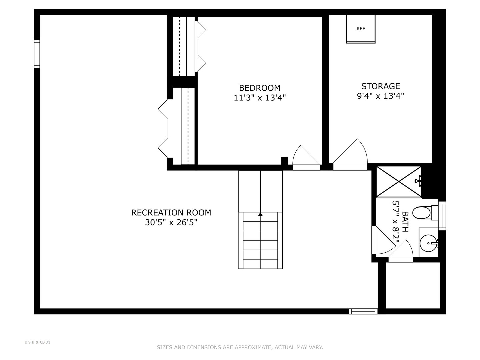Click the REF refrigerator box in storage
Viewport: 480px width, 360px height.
[x=361, y=29]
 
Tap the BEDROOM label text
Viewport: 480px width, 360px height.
[x=260, y=88]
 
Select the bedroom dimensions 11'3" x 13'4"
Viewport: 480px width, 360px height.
[x=260, y=98]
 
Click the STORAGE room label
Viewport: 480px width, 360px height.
[x=380, y=86]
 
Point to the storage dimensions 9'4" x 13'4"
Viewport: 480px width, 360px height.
[x=380, y=96]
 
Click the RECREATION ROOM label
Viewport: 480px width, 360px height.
[x=171, y=213]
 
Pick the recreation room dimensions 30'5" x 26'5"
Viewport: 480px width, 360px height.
[x=171, y=222]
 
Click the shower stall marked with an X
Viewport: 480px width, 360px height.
[x=399, y=182]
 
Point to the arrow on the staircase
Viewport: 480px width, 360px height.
[x=260, y=214]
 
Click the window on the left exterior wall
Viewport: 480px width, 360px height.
[x=37, y=54]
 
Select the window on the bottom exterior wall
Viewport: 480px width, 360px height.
[x=363, y=311]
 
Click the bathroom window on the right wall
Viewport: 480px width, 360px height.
[x=442, y=216]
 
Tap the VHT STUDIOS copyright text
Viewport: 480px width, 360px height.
[x=37, y=342]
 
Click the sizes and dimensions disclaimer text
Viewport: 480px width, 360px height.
[x=240, y=347]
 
